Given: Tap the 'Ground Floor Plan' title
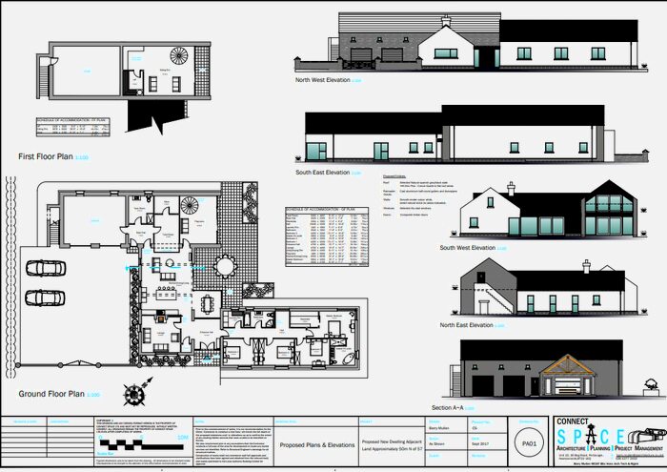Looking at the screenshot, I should pyautogui.click(x=52, y=393).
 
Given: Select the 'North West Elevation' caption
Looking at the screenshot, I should pyautogui.click(x=322, y=81).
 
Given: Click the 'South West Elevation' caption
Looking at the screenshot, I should pyautogui.click(x=468, y=248).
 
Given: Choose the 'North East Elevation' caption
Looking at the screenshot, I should pyautogui.click(x=467, y=325).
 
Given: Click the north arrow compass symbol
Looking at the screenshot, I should pyautogui.click(x=137, y=391).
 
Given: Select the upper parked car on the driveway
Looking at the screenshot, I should pyautogui.click(x=44, y=267).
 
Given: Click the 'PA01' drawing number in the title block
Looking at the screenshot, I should pyautogui.click(x=528, y=443).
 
